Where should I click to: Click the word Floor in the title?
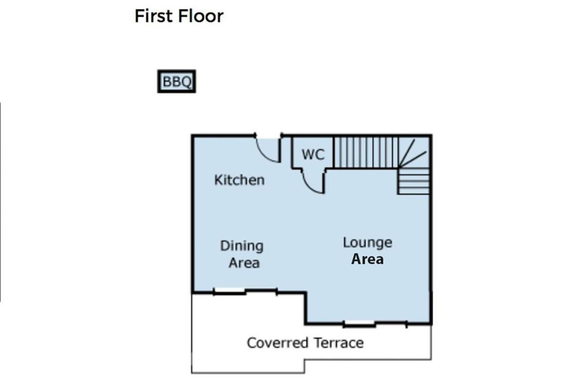(x=201, y=16)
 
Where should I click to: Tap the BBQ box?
(x=176, y=81)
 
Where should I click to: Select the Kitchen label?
(x=239, y=180)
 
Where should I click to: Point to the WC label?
(x=313, y=154)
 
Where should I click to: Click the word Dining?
(x=242, y=246)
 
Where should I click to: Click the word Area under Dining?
(x=244, y=263)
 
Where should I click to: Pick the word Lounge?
(x=367, y=243)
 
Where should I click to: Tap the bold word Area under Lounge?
(x=367, y=259)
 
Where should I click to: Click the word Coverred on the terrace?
(x=278, y=343)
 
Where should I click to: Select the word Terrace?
(x=339, y=343)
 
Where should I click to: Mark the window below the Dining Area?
(x=229, y=291)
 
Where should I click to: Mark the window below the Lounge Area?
(x=359, y=324)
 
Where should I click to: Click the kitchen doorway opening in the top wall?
(x=268, y=136)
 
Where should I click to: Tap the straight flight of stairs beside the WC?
(x=366, y=152)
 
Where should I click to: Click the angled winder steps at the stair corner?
(x=414, y=152)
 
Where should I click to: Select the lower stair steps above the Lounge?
(x=413, y=181)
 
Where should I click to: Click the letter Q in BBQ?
(x=186, y=82)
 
